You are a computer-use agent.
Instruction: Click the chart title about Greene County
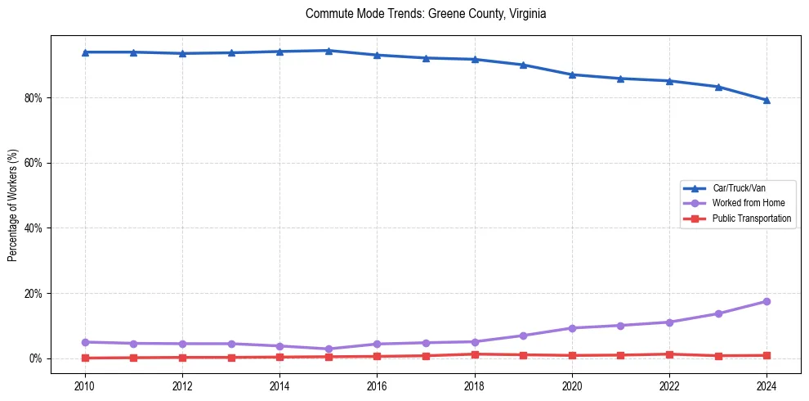tap(425, 14)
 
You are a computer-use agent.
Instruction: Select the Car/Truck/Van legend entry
tap(738, 188)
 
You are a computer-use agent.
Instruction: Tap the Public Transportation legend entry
tap(751, 219)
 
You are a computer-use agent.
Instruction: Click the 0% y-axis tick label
tap(35, 358)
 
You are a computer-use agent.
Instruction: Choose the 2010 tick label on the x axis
tap(85, 385)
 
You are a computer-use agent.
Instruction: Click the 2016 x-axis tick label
tap(377, 385)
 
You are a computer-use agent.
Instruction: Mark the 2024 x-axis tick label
tap(767, 385)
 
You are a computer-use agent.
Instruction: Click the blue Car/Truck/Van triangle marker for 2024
tap(767, 100)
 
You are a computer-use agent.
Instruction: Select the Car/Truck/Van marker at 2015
tap(329, 51)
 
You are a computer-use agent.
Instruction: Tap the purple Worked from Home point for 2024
tap(767, 301)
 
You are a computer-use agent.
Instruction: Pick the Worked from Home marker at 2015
tap(329, 349)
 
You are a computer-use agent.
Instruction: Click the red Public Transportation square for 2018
tap(475, 354)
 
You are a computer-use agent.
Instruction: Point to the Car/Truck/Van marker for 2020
tap(572, 74)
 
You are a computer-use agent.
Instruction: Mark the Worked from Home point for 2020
tap(572, 328)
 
